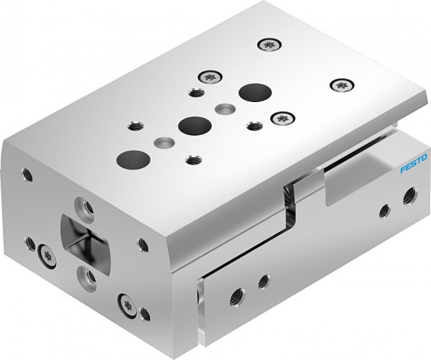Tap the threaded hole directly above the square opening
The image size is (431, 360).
point(84,206)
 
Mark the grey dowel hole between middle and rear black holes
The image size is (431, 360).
point(224,108)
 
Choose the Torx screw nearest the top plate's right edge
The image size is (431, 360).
point(340,86)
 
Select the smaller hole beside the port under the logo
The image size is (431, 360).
point(382,211)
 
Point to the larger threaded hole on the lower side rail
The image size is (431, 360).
point(234,295)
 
